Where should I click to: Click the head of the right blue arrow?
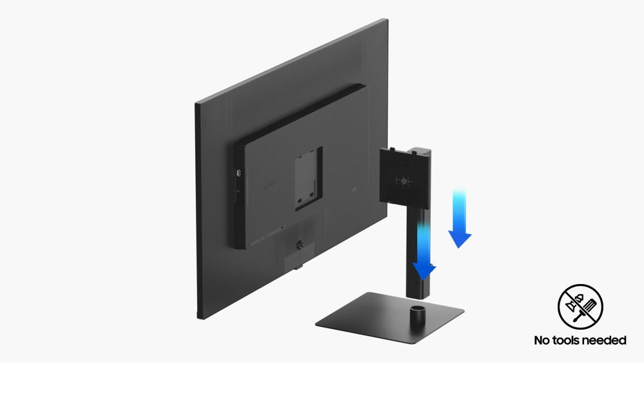[460, 240]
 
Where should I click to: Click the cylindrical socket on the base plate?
[418, 316]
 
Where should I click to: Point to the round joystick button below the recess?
[299, 245]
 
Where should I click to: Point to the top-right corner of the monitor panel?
[386, 21]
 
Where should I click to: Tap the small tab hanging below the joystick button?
[294, 261]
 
